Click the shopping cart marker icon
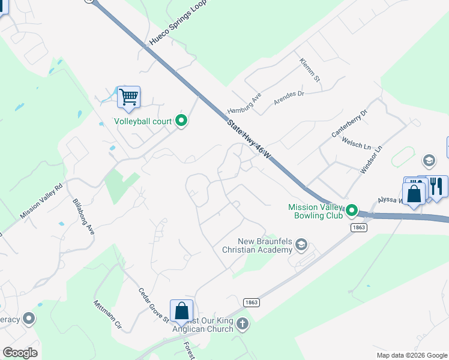coord(128,97)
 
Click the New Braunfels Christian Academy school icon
coord(301,244)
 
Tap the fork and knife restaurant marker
coord(436,186)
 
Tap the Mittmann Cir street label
coord(107,315)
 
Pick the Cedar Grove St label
coord(153,306)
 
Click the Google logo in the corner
coord(20,353)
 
